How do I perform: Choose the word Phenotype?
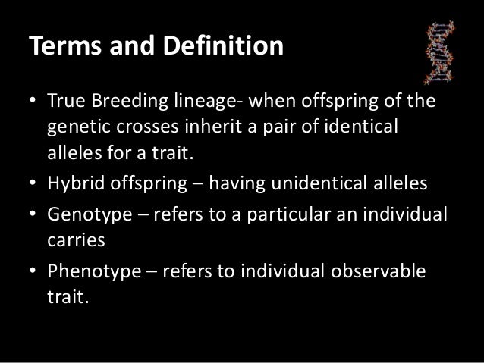click(x=87, y=271)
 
